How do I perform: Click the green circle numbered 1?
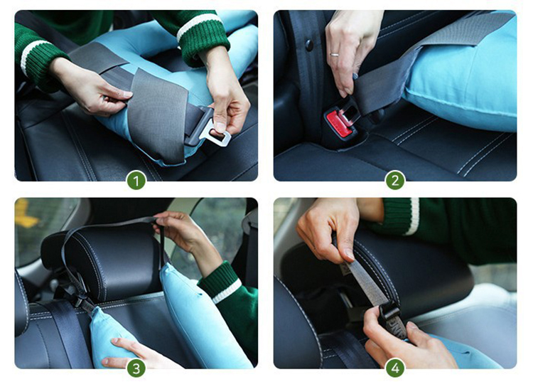point(136,180)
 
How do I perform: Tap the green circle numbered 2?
point(395,180)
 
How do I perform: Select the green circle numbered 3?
point(136,368)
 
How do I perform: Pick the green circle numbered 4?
point(395,368)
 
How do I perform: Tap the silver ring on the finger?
point(335,54)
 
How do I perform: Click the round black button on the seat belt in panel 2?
point(309,46)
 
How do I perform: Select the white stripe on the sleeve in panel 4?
point(414,216)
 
